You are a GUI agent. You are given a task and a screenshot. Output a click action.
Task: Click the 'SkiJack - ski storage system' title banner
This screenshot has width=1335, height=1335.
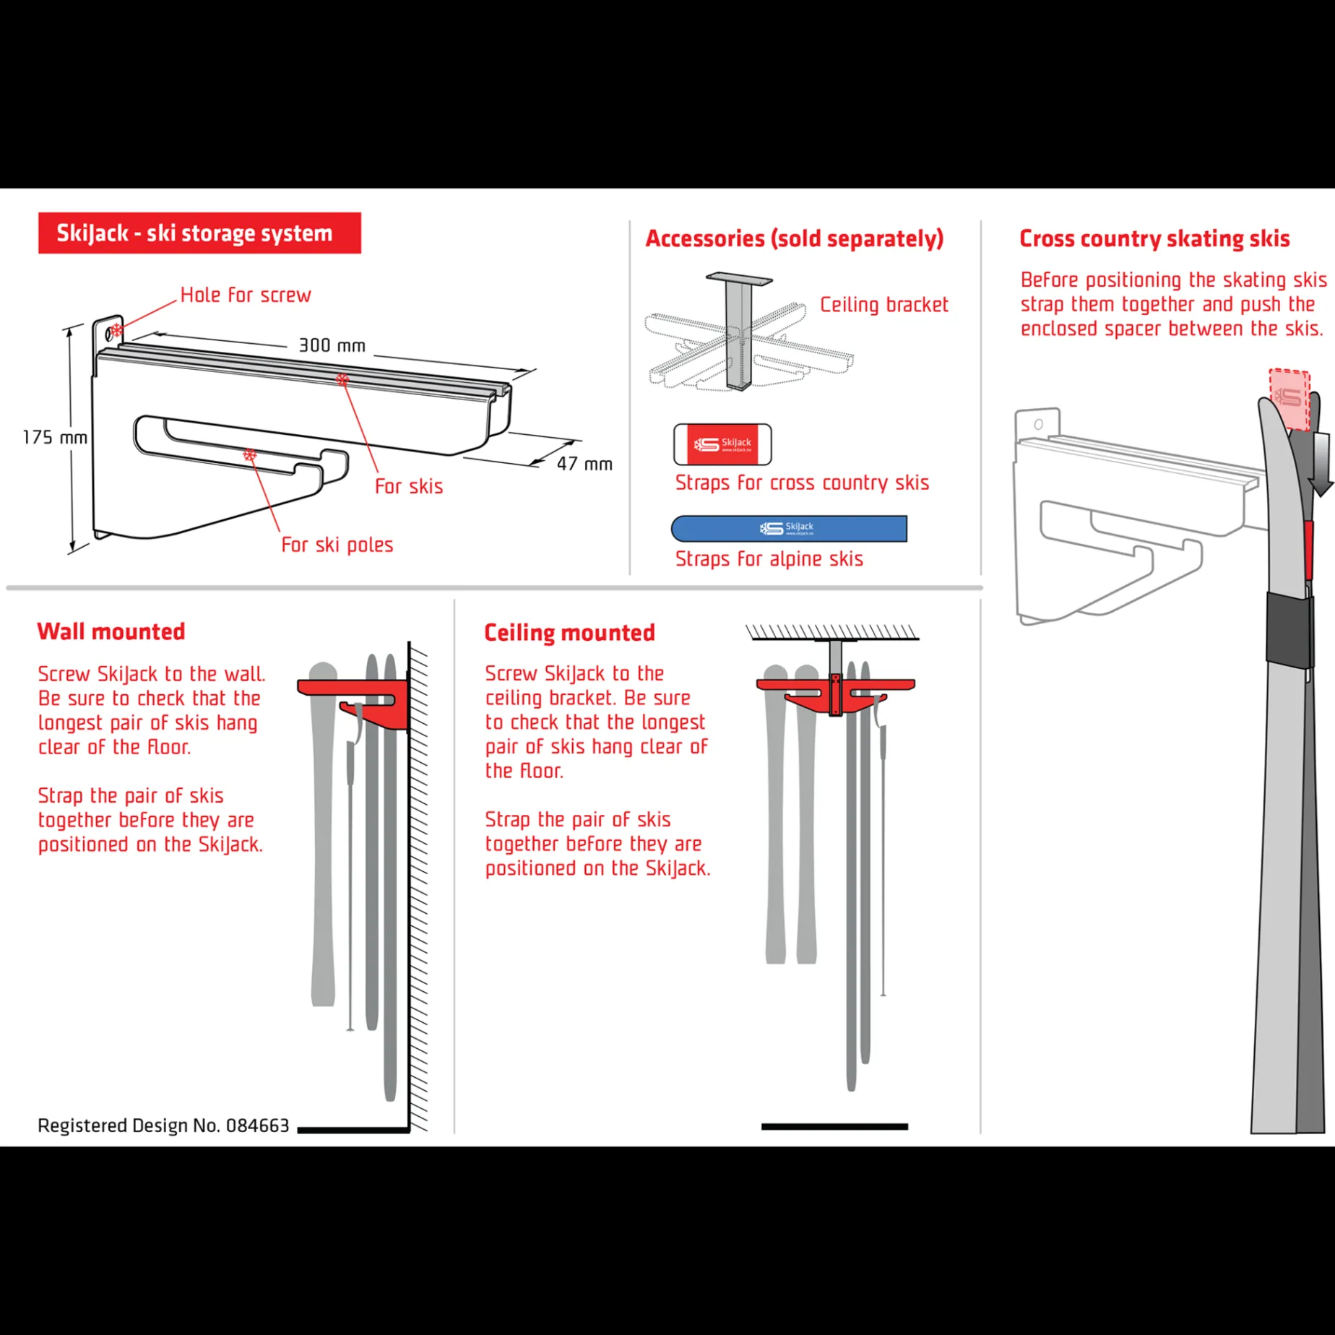tap(199, 233)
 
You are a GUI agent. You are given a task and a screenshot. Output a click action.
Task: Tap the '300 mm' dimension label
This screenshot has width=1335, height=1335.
tap(332, 345)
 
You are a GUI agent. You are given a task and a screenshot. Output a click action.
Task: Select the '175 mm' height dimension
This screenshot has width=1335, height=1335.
tap(55, 437)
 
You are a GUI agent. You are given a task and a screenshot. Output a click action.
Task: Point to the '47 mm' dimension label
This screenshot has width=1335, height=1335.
tap(584, 464)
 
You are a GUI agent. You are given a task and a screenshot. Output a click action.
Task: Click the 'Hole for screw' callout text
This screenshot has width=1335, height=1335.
tap(246, 295)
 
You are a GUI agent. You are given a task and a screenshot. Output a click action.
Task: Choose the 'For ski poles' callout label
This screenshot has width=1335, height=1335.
tap(337, 545)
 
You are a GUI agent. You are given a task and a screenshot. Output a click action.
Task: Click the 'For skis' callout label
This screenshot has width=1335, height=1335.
tap(409, 486)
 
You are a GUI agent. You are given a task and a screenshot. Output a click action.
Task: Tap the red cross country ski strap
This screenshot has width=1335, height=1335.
tap(722, 444)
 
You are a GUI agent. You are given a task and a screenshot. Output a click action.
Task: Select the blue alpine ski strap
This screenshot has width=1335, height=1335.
tap(789, 528)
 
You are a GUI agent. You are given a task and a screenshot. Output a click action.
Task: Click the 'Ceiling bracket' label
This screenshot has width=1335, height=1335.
tap(883, 305)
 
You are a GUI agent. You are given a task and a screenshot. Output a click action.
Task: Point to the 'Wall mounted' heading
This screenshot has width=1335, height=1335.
tap(111, 631)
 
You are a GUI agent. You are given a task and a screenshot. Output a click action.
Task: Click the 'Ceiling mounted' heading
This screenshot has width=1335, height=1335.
tap(569, 633)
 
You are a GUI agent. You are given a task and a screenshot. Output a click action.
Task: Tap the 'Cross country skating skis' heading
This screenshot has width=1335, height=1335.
tap(1154, 238)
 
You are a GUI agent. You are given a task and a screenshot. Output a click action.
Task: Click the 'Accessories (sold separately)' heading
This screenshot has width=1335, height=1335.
tap(794, 238)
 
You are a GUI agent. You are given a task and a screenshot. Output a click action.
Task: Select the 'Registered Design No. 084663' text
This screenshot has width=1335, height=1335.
tap(163, 1126)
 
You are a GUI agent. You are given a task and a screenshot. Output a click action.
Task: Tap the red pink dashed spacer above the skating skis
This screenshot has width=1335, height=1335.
tap(1289, 399)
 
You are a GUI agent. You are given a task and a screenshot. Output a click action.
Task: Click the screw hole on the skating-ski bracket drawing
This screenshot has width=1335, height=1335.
tap(1038, 425)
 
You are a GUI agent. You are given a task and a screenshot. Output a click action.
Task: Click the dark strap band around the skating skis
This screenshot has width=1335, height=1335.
tap(1290, 628)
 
